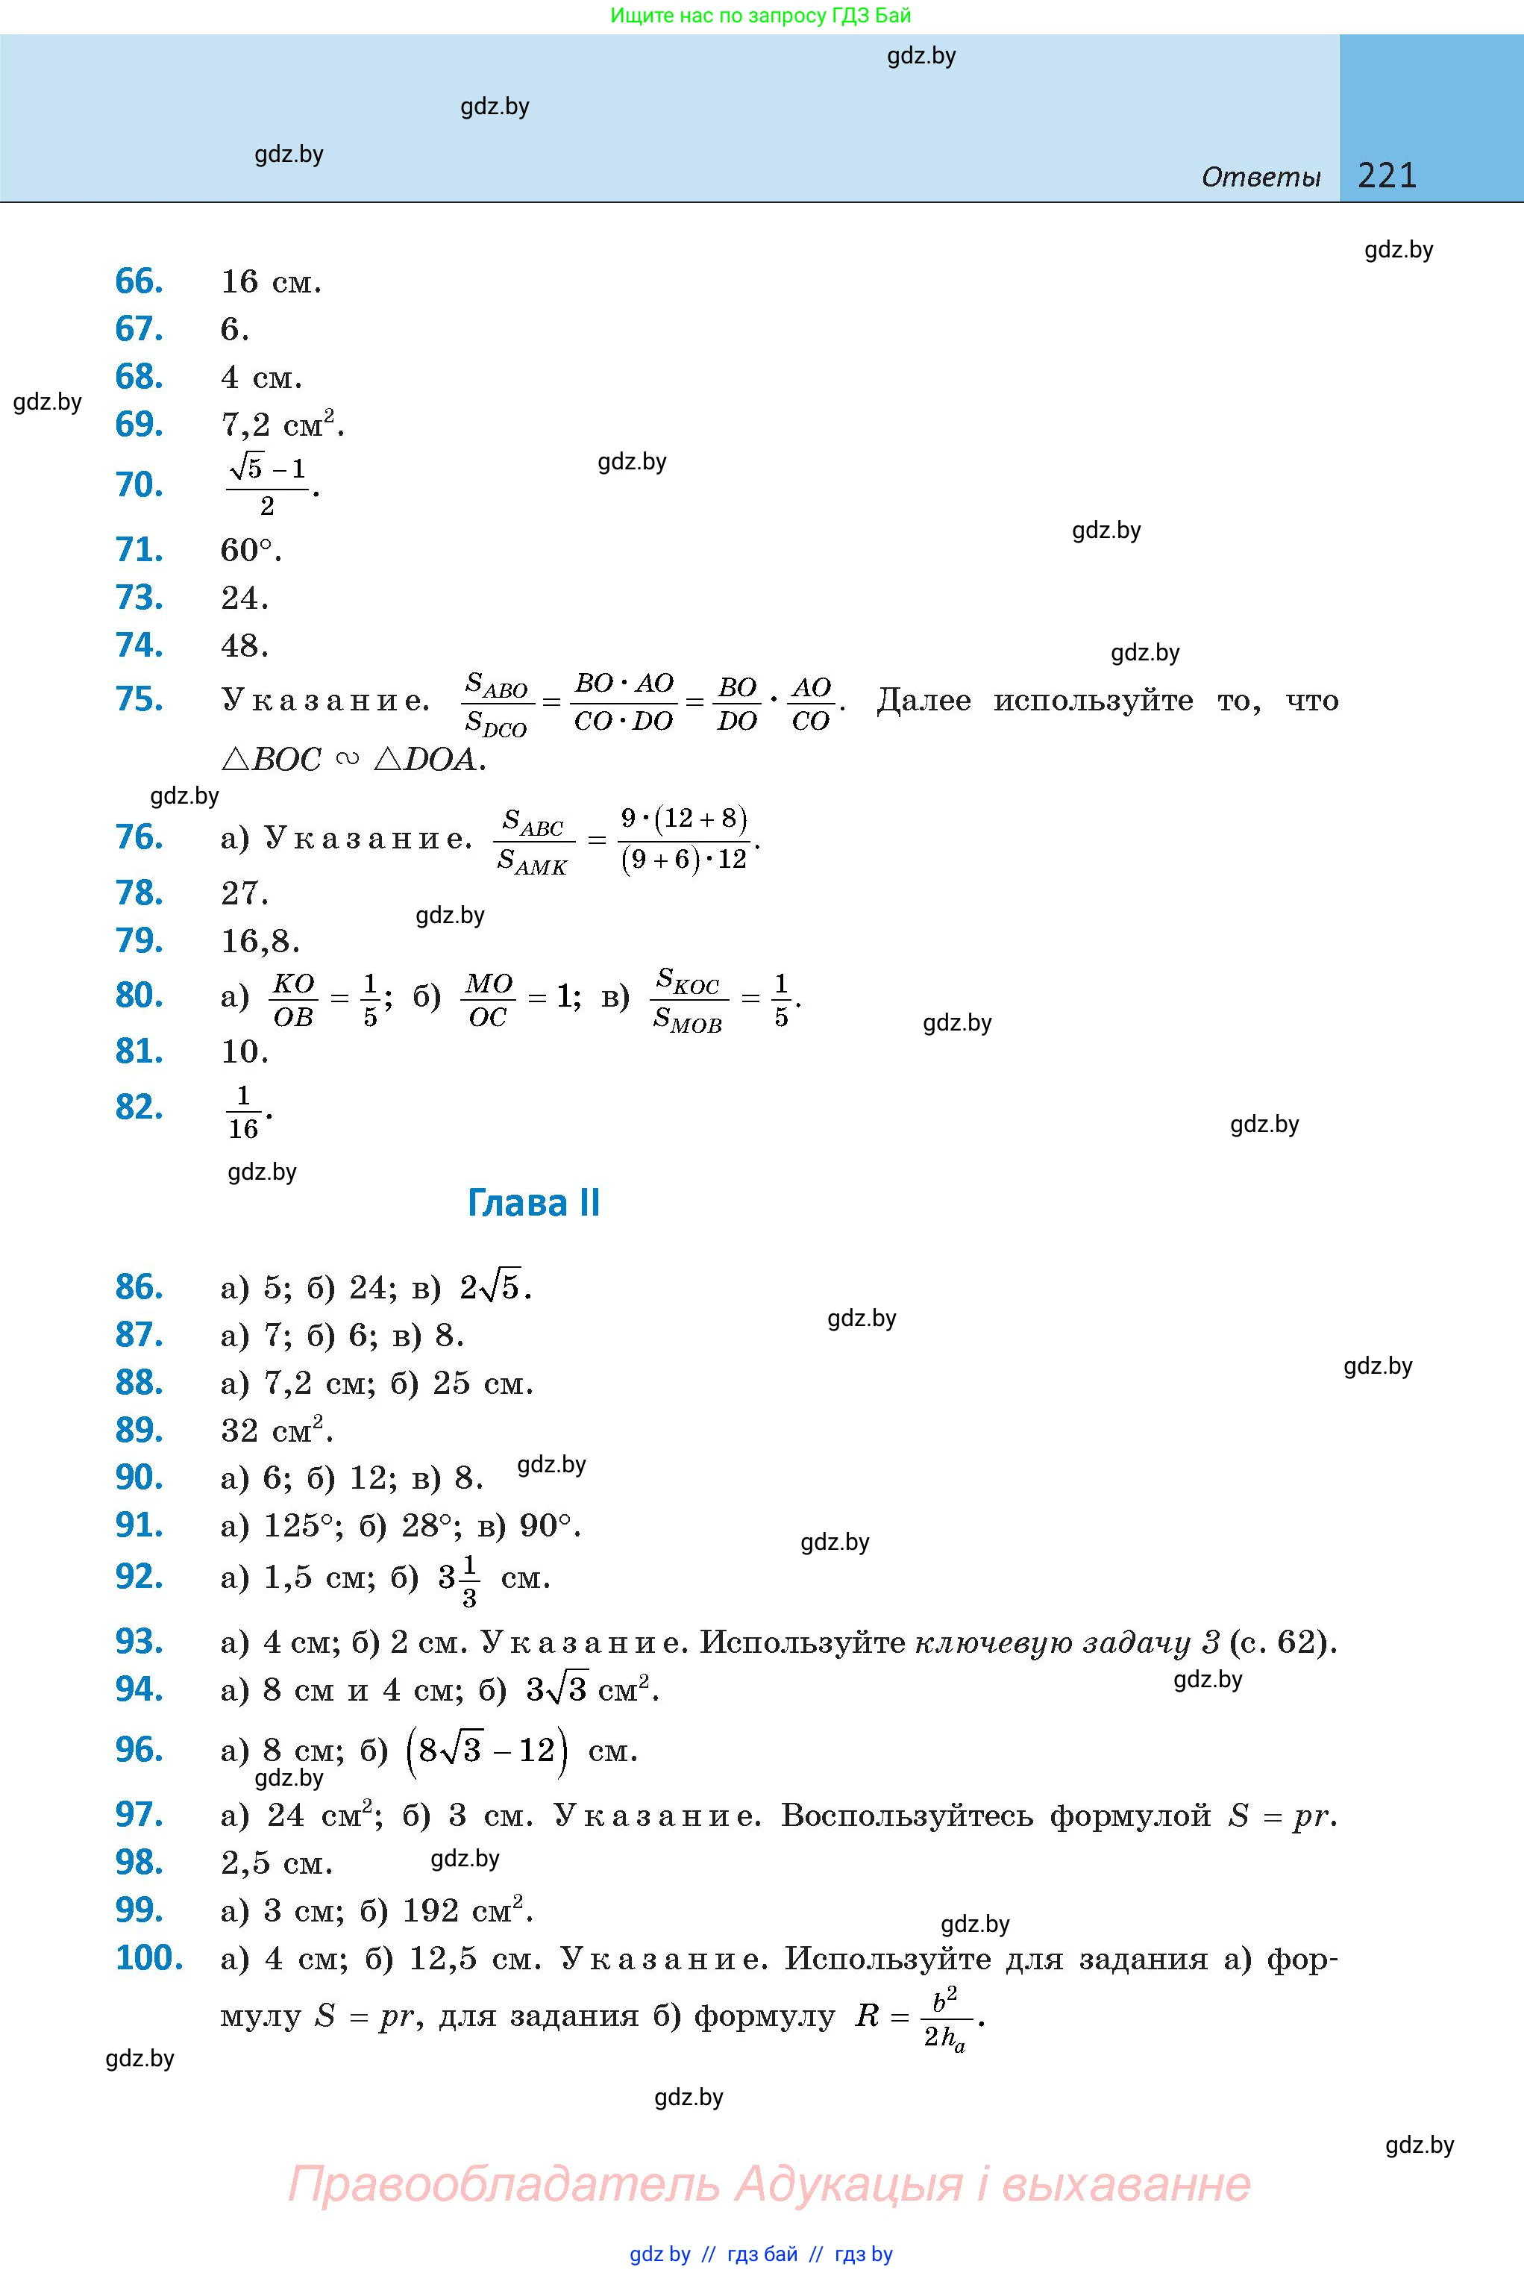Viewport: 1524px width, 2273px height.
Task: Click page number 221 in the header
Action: point(1387,175)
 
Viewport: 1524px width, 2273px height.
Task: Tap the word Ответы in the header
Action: point(1261,177)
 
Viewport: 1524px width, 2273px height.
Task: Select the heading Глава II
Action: point(533,1204)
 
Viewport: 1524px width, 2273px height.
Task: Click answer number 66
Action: point(139,282)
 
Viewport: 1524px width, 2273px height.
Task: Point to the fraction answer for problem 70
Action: point(267,485)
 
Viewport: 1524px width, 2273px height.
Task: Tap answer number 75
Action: point(139,700)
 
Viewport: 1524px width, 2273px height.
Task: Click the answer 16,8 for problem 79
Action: point(259,941)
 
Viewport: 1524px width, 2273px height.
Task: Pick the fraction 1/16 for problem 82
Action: point(243,1111)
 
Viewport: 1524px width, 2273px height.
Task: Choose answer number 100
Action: point(148,1958)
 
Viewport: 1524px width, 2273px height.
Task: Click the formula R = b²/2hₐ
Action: point(918,2017)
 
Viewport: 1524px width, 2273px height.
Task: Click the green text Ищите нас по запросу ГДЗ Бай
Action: point(761,16)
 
